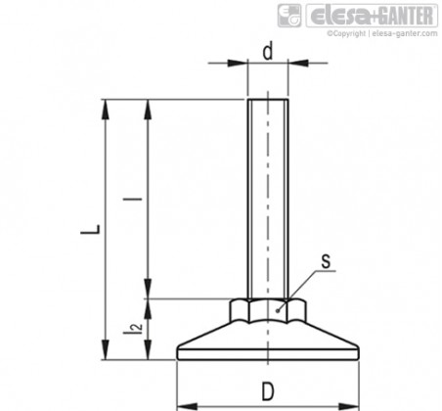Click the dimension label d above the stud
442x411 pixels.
[268, 52]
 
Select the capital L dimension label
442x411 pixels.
[91, 230]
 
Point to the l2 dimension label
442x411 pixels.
[133, 329]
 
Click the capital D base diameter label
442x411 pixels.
[268, 391]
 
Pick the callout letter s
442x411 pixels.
[326, 261]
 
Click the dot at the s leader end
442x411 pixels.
[278, 311]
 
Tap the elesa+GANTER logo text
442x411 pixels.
[373, 16]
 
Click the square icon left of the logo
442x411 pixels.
[289, 16]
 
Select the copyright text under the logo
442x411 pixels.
[382, 33]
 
